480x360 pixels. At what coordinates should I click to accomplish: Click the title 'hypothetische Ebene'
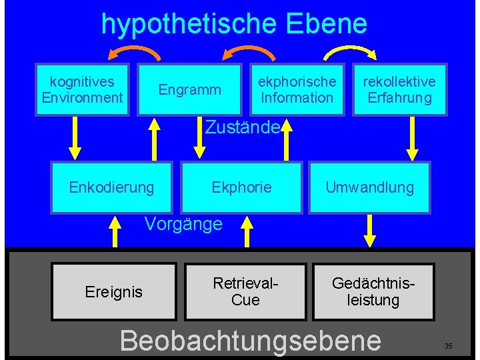[x=234, y=24]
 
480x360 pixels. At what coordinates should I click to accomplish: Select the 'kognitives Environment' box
[x=82, y=90]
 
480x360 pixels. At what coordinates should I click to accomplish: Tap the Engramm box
[x=189, y=90]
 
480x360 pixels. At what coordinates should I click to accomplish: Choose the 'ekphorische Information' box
[x=297, y=90]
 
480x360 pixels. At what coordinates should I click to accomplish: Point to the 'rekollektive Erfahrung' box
[x=399, y=90]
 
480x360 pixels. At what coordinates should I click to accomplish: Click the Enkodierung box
[x=111, y=187]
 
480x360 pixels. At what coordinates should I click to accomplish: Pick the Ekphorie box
[x=241, y=187]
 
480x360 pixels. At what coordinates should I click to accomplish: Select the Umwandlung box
[x=369, y=187]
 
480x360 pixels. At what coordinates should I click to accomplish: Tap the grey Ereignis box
[x=114, y=291]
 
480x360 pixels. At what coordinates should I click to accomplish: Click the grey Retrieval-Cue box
[x=245, y=291]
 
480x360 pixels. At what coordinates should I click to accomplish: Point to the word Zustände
[x=241, y=127]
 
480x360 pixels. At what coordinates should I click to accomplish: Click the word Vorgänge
[x=183, y=224]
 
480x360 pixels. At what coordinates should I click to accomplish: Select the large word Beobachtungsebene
[x=250, y=339]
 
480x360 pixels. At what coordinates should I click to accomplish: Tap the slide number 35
[x=448, y=346]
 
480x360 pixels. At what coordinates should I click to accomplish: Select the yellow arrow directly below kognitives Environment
[x=75, y=139]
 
